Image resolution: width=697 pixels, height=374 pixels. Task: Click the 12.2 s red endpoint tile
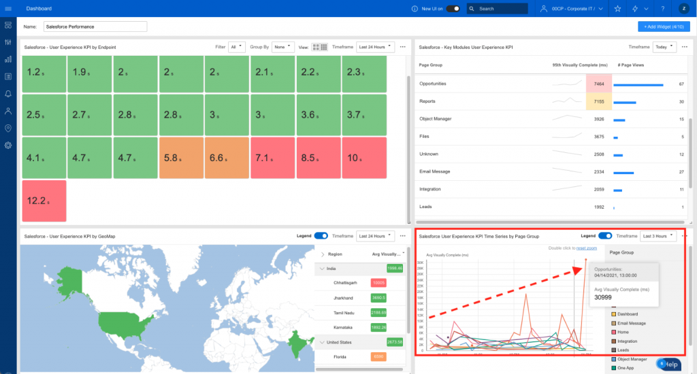tap(44, 201)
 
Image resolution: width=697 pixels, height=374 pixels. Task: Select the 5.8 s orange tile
tap(181, 158)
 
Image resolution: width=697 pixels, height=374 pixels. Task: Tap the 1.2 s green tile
tap(44, 72)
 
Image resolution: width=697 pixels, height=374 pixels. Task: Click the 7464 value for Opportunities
tap(599, 84)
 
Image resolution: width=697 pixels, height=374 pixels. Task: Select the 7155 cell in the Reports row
tap(599, 101)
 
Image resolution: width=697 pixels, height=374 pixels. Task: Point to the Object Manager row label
tap(436, 119)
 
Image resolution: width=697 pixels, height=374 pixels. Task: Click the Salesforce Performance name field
tap(95, 27)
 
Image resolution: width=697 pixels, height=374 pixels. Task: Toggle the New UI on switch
tap(453, 9)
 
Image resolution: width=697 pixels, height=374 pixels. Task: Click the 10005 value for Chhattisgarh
tap(378, 282)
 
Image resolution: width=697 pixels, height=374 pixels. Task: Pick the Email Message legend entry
tap(632, 323)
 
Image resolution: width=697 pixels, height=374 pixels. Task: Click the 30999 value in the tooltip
tap(604, 297)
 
